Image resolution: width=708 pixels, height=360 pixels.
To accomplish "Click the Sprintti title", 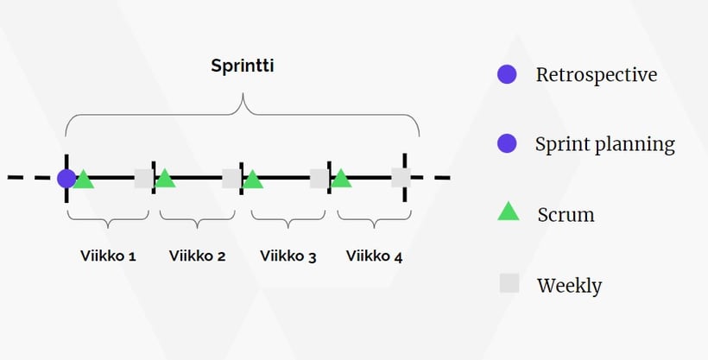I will pyautogui.click(x=243, y=66).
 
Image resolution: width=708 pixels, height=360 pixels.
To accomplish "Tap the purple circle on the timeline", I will pyautogui.click(x=66, y=179).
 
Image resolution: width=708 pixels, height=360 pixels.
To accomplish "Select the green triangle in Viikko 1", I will pyautogui.click(x=83, y=180).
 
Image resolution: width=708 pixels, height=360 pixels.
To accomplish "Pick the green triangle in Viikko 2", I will pyautogui.click(x=164, y=180).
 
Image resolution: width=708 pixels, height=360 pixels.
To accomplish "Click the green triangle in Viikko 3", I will pyautogui.click(x=252, y=180).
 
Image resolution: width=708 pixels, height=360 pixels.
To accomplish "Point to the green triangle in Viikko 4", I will pyautogui.click(x=341, y=180).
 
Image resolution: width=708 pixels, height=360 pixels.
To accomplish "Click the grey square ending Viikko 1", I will pyautogui.click(x=143, y=179).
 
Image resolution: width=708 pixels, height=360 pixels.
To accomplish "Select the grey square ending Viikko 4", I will pyautogui.click(x=401, y=179).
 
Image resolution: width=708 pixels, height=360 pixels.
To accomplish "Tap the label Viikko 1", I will pyautogui.click(x=108, y=256).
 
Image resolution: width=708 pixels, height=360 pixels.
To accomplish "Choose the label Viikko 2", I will pyautogui.click(x=197, y=256).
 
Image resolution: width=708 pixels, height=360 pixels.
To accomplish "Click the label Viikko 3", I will pyautogui.click(x=288, y=256).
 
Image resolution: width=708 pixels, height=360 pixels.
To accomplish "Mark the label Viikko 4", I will pyautogui.click(x=374, y=256).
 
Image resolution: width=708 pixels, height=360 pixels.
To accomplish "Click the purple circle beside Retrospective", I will pyautogui.click(x=507, y=75).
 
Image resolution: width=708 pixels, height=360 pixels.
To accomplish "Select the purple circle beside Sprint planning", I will pyautogui.click(x=507, y=143).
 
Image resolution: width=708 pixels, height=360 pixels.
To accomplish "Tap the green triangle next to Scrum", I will pyautogui.click(x=509, y=211).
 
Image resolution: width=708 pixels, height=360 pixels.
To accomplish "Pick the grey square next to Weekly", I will pyautogui.click(x=509, y=283).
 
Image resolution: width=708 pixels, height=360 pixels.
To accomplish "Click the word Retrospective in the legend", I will pyautogui.click(x=596, y=75).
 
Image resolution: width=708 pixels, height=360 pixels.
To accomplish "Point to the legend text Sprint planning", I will pyautogui.click(x=604, y=144).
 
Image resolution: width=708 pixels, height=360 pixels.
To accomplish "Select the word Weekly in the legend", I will pyautogui.click(x=569, y=285).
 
